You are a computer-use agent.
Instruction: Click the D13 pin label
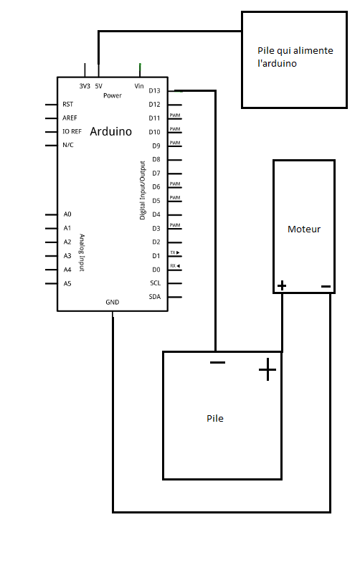154,90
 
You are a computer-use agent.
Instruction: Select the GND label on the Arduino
112,302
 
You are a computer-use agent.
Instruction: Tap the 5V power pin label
99,86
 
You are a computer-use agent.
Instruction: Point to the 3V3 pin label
85,86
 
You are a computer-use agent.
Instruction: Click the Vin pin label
139,86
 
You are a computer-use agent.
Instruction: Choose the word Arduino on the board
110,131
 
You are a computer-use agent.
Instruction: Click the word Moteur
304,229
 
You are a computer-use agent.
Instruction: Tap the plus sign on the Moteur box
281,285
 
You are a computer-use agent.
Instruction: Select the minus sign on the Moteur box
326,287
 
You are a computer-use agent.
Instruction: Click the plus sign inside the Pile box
267,369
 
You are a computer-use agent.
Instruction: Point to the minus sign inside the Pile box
217,362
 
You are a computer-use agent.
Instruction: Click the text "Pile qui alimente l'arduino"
295,57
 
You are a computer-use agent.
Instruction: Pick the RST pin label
67,105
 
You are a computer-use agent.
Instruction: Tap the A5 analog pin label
67,283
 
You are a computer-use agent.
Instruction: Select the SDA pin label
155,297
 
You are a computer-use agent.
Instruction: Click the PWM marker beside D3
175,225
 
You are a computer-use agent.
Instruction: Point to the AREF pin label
70,118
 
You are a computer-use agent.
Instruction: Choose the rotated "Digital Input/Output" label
143,190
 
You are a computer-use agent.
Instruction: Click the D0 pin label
156,270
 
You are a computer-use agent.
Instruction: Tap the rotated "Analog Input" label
82,252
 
